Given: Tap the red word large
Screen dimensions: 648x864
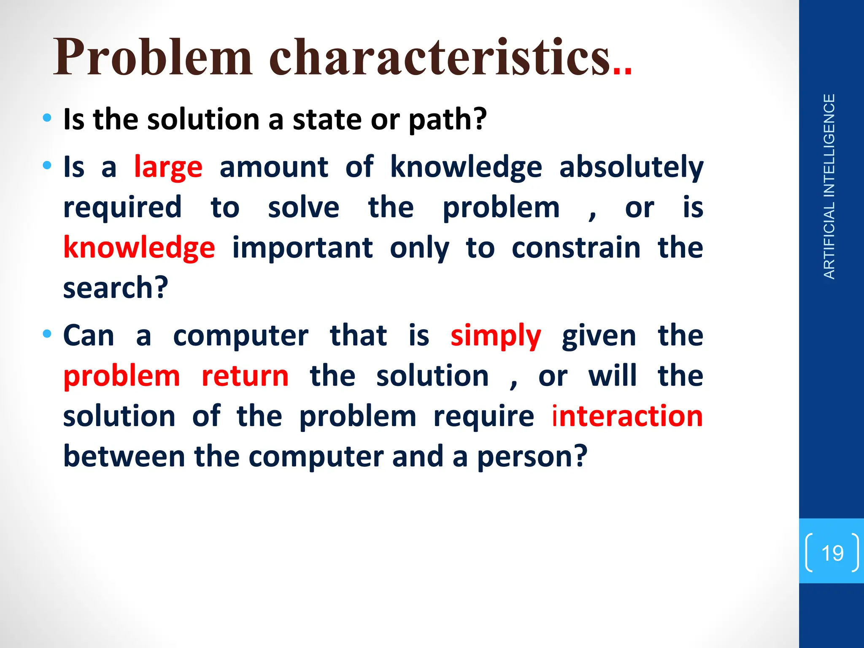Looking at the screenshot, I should (168, 167).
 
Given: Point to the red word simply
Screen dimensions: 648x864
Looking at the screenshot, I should (495, 336).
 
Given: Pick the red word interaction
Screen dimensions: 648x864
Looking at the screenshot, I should (627, 416).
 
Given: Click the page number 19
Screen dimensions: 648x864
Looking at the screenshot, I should (832, 553).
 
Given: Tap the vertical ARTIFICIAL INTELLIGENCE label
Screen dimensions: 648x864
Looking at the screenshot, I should (829, 186).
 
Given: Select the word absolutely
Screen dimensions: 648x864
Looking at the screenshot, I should (631, 167).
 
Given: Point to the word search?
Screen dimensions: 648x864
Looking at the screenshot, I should (116, 288).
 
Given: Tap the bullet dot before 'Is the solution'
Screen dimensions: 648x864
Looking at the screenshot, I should (47, 118).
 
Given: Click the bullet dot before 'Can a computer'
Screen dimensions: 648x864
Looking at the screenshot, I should (47, 334).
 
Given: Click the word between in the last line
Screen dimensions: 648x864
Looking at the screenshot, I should (124, 457).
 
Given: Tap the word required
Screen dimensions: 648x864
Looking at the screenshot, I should (122, 208).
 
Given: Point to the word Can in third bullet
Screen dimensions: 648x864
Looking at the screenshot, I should (89, 336).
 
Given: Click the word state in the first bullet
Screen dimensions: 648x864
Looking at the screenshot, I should (327, 120).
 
